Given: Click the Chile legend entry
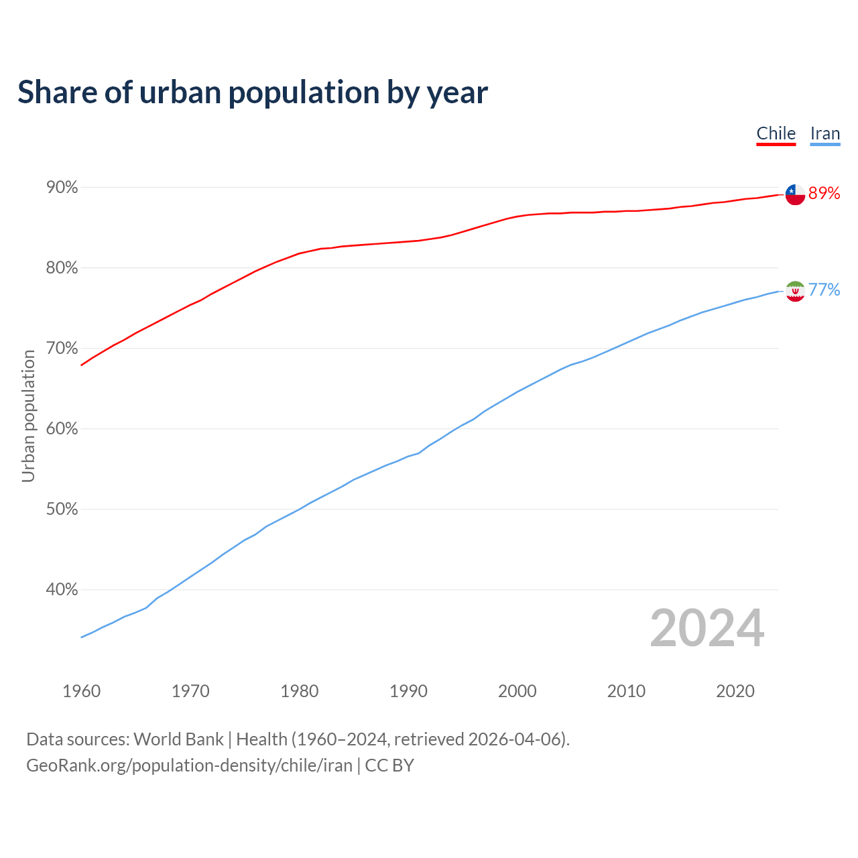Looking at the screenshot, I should pos(776,133).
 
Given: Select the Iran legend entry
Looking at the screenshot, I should pos(824,133).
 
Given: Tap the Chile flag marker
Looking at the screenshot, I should pos(795,194).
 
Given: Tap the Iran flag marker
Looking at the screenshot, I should pos(795,291).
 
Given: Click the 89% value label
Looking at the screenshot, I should pos(824,193).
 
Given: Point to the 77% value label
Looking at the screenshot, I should pos(824,290).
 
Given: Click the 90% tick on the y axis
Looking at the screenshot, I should pos(62,188).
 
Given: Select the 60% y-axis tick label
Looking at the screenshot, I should pos(62,429).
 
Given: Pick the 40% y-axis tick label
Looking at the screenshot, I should pos(62,590).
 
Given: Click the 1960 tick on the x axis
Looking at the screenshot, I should pos(82,691).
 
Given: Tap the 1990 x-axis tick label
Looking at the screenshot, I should pos(408,691).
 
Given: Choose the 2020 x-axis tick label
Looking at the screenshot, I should pos(735,691).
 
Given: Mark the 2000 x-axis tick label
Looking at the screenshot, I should pos(517,691).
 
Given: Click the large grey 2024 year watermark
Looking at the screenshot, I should pos(707,628).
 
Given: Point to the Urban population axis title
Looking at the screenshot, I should pos(28,416).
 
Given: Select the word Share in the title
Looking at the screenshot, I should pos(56,93).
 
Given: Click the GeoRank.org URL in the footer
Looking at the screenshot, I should pos(189,765).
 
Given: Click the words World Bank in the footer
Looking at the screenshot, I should pos(178,739).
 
